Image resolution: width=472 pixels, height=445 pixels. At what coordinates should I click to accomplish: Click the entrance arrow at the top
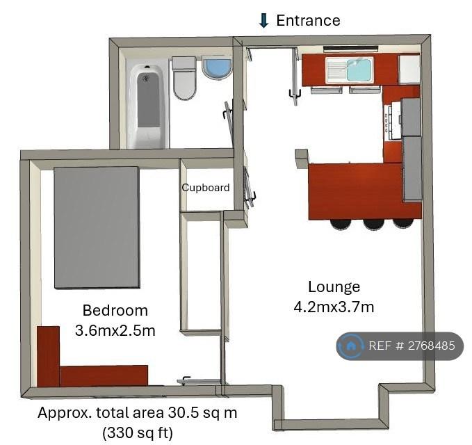coord(263,20)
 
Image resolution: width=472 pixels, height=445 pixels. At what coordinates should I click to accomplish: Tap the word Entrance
coord(308,20)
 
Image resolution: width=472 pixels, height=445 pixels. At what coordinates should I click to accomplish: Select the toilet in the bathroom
coord(184,79)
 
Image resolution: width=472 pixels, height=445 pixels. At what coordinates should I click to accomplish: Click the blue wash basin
coord(217,67)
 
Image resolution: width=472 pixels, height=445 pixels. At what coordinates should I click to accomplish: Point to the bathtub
coord(147,106)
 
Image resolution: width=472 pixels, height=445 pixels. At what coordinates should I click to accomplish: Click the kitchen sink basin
coord(359,70)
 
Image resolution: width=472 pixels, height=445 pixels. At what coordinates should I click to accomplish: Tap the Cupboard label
coord(206,188)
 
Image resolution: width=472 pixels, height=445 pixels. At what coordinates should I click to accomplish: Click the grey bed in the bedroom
coord(97,227)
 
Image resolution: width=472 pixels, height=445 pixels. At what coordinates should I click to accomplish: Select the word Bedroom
coord(115,310)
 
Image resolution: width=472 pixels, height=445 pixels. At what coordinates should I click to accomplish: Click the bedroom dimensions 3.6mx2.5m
coord(115,330)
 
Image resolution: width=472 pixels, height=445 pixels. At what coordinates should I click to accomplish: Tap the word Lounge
coord(334,286)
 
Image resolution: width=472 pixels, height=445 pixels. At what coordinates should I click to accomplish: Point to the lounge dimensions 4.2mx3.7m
coord(334,307)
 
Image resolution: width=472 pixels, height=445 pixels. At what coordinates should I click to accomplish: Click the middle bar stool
coord(373,225)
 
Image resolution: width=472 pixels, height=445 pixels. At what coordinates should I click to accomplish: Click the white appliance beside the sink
coord(409,70)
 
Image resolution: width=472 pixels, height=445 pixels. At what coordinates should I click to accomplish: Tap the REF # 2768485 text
coord(412,346)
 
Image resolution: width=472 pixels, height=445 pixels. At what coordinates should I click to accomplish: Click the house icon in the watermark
coord(350,346)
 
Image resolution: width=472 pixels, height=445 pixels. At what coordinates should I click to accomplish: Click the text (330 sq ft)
coord(138,433)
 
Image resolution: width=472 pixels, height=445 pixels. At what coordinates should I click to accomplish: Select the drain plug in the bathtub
coord(146,79)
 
